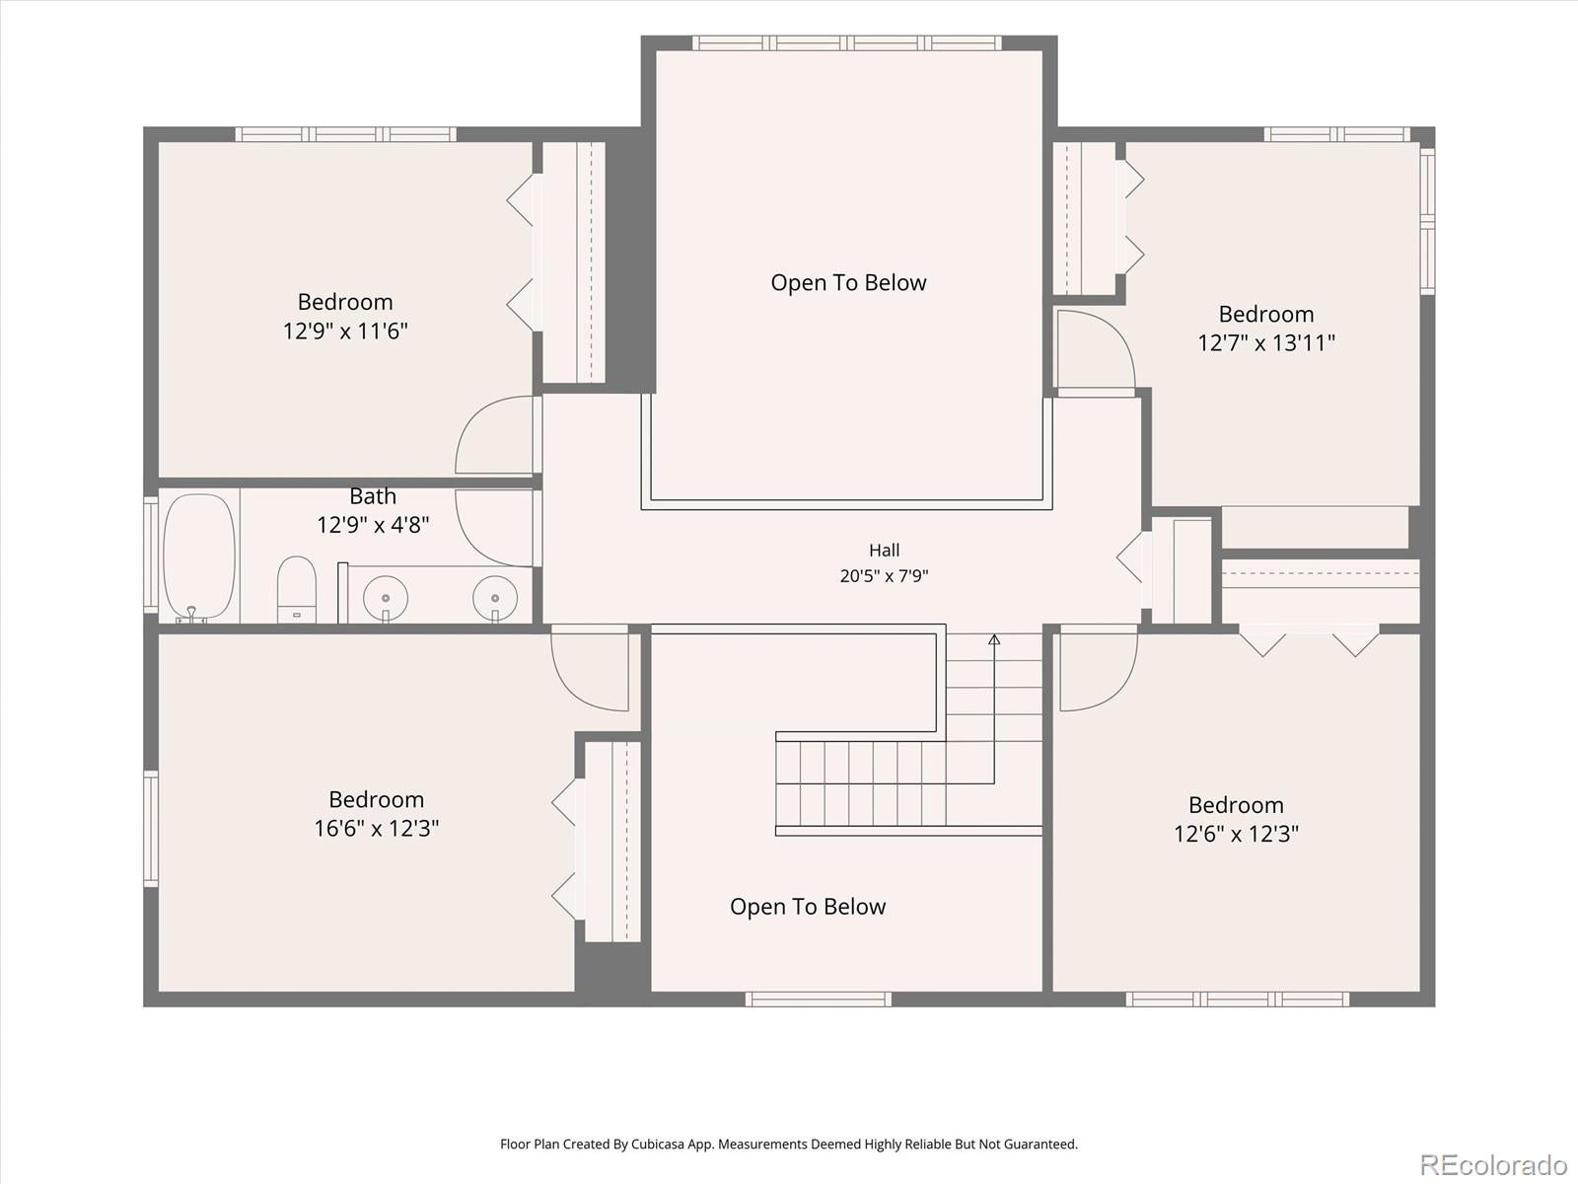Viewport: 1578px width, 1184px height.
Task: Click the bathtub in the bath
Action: pyautogui.click(x=199, y=556)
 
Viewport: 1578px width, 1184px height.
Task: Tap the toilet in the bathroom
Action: pyautogui.click(x=297, y=589)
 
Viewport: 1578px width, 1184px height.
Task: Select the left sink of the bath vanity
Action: pyautogui.click(x=386, y=597)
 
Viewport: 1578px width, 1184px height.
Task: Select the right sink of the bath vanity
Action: pyautogui.click(x=495, y=597)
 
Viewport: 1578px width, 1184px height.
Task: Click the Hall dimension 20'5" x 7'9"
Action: pyautogui.click(x=885, y=576)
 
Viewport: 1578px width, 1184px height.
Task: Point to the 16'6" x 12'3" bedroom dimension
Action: pyautogui.click(x=377, y=829)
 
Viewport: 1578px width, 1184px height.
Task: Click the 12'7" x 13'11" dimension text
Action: pyautogui.click(x=1266, y=343)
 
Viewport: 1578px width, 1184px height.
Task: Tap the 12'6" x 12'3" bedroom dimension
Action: pyautogui.click(x=1237, y=834)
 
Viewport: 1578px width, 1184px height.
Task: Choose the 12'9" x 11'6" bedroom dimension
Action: pyautogui.click(x=346, y=332)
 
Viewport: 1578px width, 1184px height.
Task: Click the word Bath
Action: pyautogui.click(x=373, y=496)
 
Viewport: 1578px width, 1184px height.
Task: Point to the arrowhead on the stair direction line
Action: pyautogui.click(x=994, y=639)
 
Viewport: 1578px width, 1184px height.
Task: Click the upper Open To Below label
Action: pyautogui.click(x=848, y=282)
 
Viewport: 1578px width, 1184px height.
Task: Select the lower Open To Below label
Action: pyautogui.click(x=808, y=907)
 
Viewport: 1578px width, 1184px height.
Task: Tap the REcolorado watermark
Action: pyautogui.click(x=1494, y=1163)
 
